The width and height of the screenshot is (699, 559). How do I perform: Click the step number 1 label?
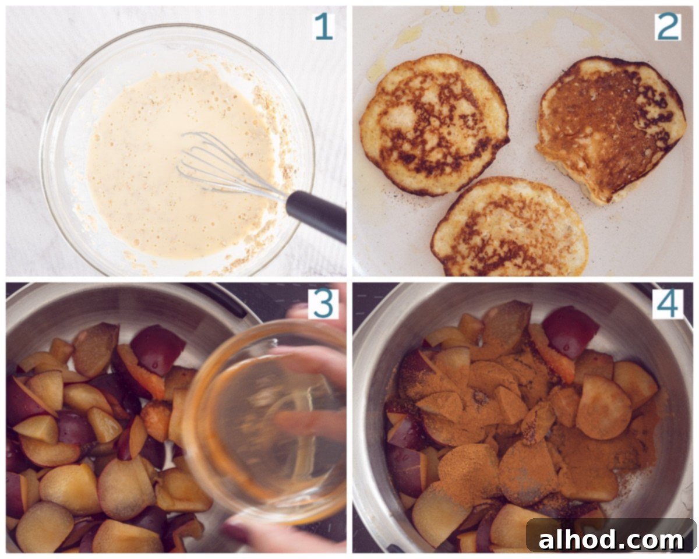pyautogui.click(x=323, y=27)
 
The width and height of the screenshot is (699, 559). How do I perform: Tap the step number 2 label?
pyautogui.click(x=668, y=27)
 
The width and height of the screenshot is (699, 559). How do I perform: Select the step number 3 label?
pyautogui.click(x=323, y=304)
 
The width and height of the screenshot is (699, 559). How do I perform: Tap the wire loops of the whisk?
pyautogui.click(x=227, y=165)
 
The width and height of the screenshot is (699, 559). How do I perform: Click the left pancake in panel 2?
pyautogui.click(x=433, y=125)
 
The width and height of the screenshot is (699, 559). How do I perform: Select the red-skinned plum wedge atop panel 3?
pyautogui.click(x=158, y=349)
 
